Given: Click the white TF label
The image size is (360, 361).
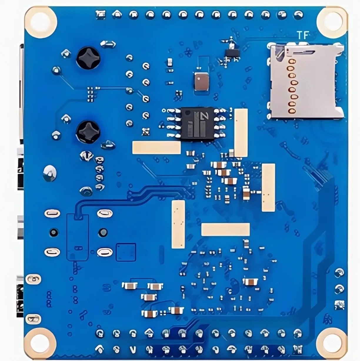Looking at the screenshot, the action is click(303, 36).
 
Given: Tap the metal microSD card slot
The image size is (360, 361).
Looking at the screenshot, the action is click(306, 81).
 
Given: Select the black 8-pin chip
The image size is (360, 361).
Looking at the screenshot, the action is click(194, 123).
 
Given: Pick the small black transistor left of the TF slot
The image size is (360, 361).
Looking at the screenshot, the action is click(232, 53).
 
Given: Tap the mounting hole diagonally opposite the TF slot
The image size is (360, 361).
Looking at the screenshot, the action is click(40, 343).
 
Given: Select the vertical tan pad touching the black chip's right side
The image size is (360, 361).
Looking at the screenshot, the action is click(241, 132).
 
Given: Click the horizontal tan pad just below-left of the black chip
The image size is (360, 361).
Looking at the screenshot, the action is click(156, 147).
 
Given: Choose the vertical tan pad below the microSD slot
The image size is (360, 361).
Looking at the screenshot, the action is click(268, 187).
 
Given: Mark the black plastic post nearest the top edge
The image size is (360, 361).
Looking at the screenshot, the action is click(88, 57).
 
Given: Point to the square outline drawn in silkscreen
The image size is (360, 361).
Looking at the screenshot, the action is click(126, 252).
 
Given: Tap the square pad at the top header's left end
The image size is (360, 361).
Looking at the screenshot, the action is click(101, 14).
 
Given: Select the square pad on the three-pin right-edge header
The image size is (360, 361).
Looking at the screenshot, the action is click(339, 305).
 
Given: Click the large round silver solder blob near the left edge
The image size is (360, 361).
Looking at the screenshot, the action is click(49, 173).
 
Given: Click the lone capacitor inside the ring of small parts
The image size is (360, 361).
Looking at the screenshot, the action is click(250, 282).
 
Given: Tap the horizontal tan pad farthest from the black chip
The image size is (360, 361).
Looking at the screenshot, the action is click(225, 229).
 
